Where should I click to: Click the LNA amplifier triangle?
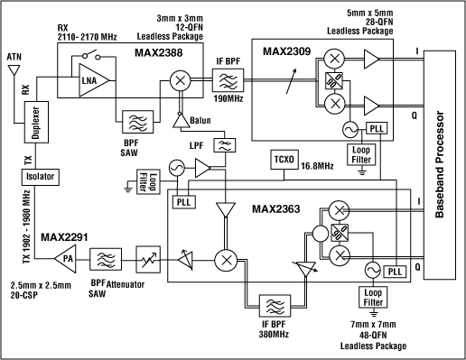pyautogui.click(x=92, y=80)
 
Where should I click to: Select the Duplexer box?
pyautogui.click(x=36, y=122)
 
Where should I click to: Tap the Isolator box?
pyautogui.click(x=41, y=177)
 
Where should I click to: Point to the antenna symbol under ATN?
pyautogui.click(x=14, y=70)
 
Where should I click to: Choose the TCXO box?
pyautogui.click(x=284, y=160)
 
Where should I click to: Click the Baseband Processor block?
pyautogui.click(x=440, y=165)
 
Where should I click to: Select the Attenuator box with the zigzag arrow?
pyautogui.click(x=148, y=260)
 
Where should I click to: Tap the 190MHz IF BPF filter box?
pyautogui.click(x=228, y=80)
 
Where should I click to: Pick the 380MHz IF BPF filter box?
pyautogui.click(x=275, y=306)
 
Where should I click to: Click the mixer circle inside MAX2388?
pyautogui.click(x=180, y=80)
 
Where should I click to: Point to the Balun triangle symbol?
pyautogui.click(x=182, y=120)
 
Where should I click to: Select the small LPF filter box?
pyautogui.click(x=225, y=145)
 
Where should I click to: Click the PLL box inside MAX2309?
pyautogui.click(x=377, y=128)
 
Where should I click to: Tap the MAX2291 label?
pyautogui.click(x=64, y=237)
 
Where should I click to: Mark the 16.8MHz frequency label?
pyautogui.click(x=317, y=166)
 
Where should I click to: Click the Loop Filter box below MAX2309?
pyautogui.click(x=361, y=155)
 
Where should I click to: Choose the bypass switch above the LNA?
pyautogui.click(x=92, y=55)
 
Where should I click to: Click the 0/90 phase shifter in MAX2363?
pyautogui.click(x=340, y=233)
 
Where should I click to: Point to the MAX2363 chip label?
pyautogui.click(x=275, y=208)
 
